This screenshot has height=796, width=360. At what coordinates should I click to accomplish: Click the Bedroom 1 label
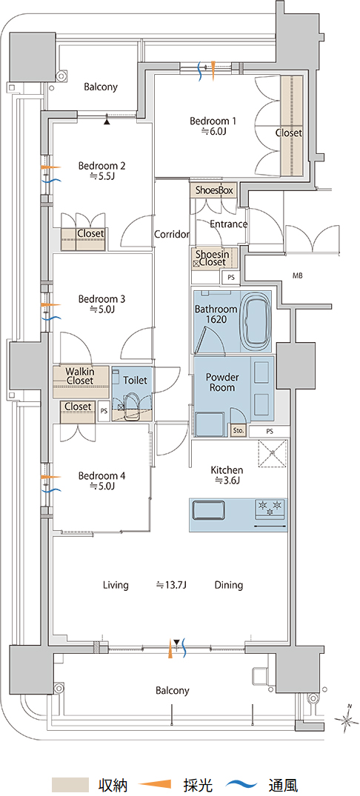click(x=213, y=121)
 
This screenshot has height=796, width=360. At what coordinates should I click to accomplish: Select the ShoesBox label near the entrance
click(x=214, y=190)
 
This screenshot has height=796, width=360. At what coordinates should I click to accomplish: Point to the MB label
click(x=297, y=276)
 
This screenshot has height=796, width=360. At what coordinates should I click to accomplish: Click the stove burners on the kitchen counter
click(x=270, y=508)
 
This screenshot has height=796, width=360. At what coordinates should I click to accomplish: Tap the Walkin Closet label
click(x=80, y=375)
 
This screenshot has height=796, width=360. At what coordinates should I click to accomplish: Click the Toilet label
click(x=135, y=380)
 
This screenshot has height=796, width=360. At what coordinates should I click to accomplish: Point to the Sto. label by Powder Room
click(x=238, y=430)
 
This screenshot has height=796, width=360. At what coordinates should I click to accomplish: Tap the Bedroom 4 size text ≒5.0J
click(x=102, y=486)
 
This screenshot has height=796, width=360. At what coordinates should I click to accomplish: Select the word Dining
click(x=228, y=585)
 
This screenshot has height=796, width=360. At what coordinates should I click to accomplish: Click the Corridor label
click(x=172, y=235)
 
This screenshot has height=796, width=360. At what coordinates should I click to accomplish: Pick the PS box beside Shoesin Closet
click(x=231, y=278)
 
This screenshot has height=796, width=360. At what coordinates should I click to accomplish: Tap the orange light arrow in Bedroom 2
click(x=50, y=167)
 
